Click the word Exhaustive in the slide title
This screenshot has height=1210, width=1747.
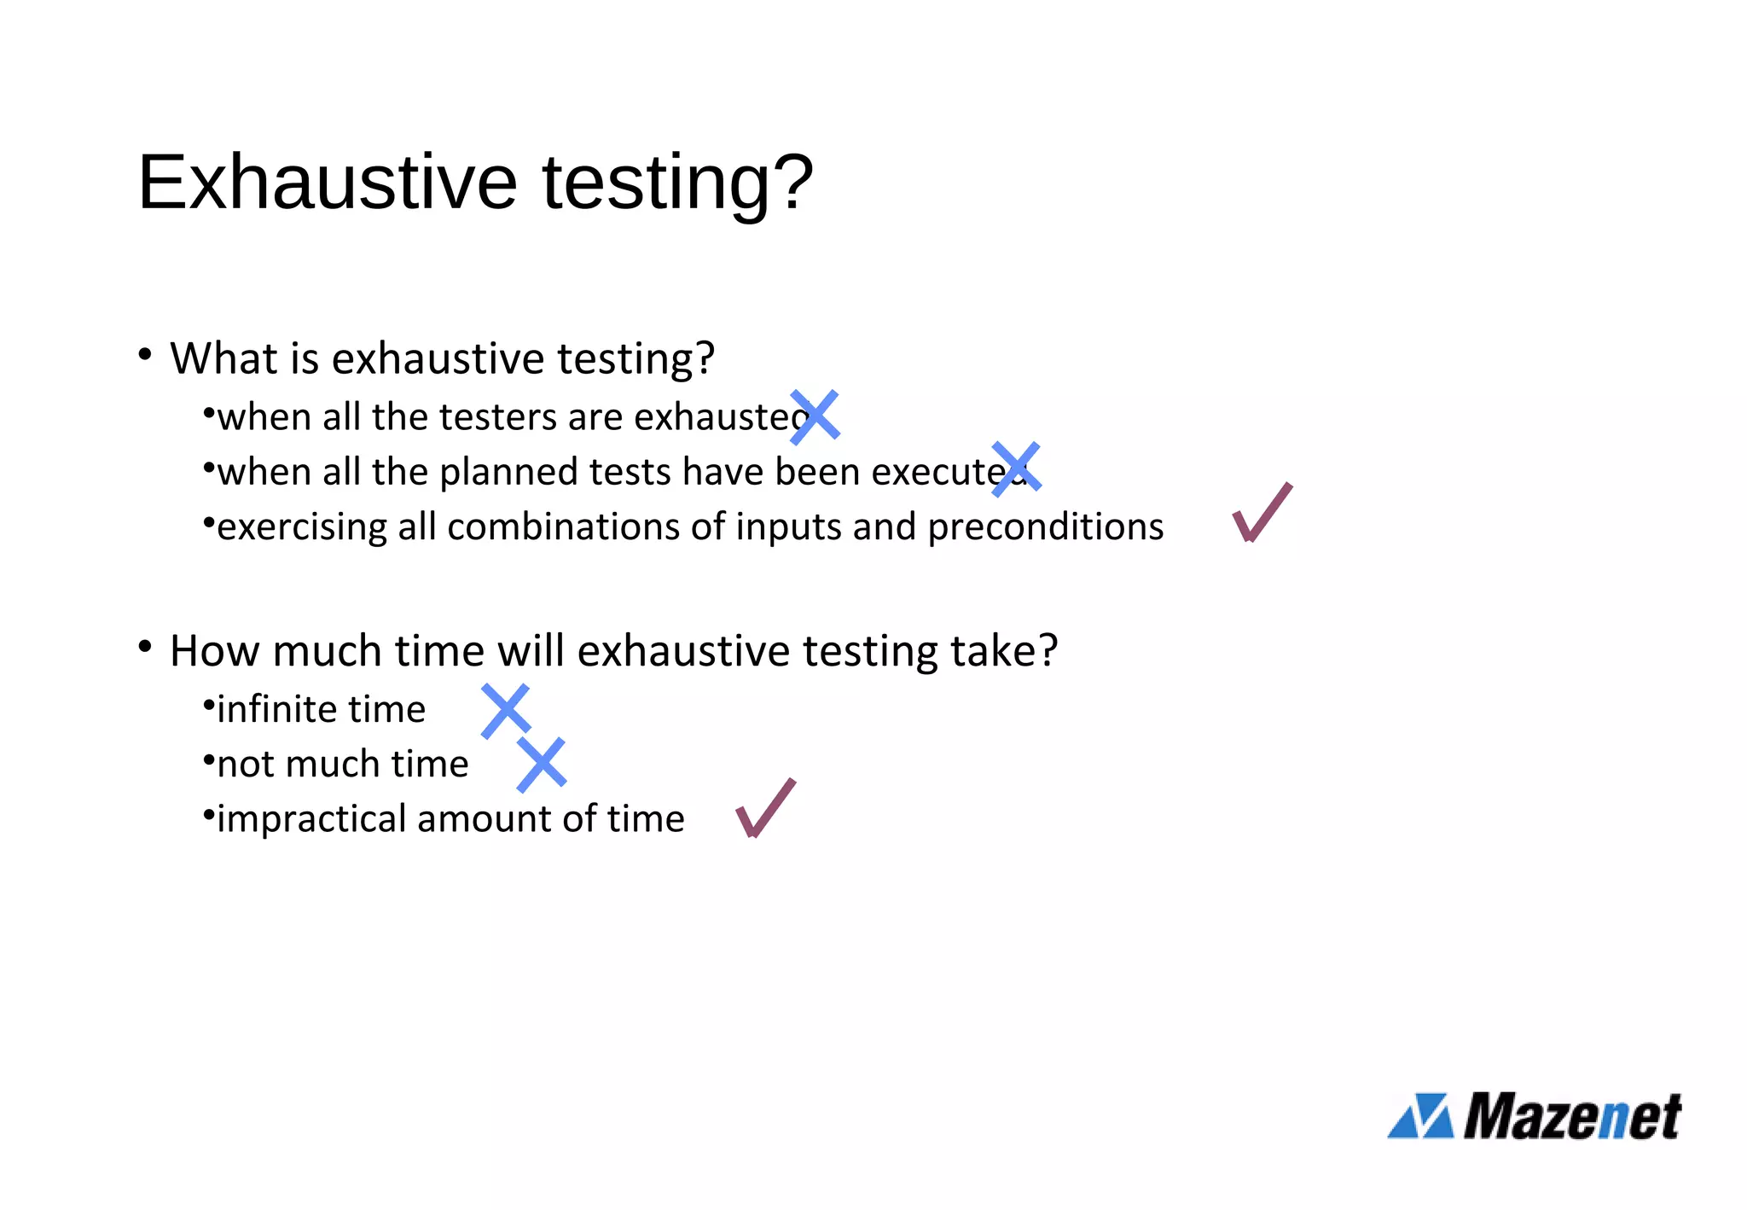click(x=328, y=182)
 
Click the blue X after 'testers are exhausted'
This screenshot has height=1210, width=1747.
click(x=815, y=417)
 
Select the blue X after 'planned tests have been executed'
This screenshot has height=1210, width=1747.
click(x=1016, y=468)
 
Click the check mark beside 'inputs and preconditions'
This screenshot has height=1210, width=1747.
click(x=1262, y=513)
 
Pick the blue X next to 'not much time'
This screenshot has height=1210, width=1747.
click(x=542, y=765)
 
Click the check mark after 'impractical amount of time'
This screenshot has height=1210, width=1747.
click(x=765, y=808)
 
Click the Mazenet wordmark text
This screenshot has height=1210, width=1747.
click(x=1572, y=1116)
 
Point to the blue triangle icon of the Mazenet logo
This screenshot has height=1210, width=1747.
click(x=1421, y=1116)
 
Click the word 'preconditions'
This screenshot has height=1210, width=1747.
click(x=1046, y=527)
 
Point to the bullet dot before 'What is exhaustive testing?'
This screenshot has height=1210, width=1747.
click(x=145, y=354)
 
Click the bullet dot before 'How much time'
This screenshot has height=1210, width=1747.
click(x=145, y=647)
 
